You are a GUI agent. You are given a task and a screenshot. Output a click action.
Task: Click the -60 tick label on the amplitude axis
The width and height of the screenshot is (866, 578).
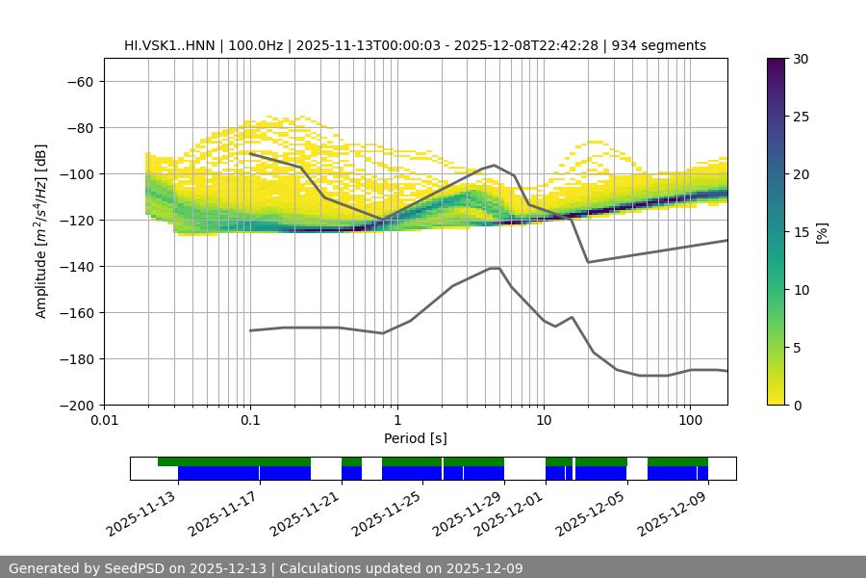(x=80, y=81)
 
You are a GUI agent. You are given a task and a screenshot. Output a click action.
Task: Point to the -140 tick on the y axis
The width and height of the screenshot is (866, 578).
(x=76, y=266)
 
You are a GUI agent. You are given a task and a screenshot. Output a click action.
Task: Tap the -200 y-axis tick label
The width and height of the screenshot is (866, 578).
(x=76, y=405)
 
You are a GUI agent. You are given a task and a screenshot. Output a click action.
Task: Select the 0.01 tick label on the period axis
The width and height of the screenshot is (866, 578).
(x=104, y=421)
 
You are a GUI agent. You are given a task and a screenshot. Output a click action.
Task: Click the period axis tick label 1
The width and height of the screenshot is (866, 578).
(x=396, y=421)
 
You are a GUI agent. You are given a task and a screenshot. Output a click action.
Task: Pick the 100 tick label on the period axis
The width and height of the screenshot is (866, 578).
(x=689, y=421)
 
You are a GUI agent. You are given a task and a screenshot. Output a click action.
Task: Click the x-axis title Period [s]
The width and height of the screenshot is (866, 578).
(x=416, y=438)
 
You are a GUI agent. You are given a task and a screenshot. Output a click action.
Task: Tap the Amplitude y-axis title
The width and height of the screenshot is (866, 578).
(x=41, y=231)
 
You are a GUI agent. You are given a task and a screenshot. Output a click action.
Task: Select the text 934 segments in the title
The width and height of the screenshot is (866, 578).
(x=664, y=45)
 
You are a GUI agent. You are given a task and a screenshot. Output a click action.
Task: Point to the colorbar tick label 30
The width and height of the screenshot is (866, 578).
(x=801, y=59)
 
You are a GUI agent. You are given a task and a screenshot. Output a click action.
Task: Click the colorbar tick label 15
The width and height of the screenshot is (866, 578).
(x=801, y=232)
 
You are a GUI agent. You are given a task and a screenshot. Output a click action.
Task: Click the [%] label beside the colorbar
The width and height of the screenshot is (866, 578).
(x=822, y=231)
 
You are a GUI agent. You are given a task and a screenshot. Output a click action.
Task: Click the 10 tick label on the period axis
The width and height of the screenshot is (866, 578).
(x=543, y=421)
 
